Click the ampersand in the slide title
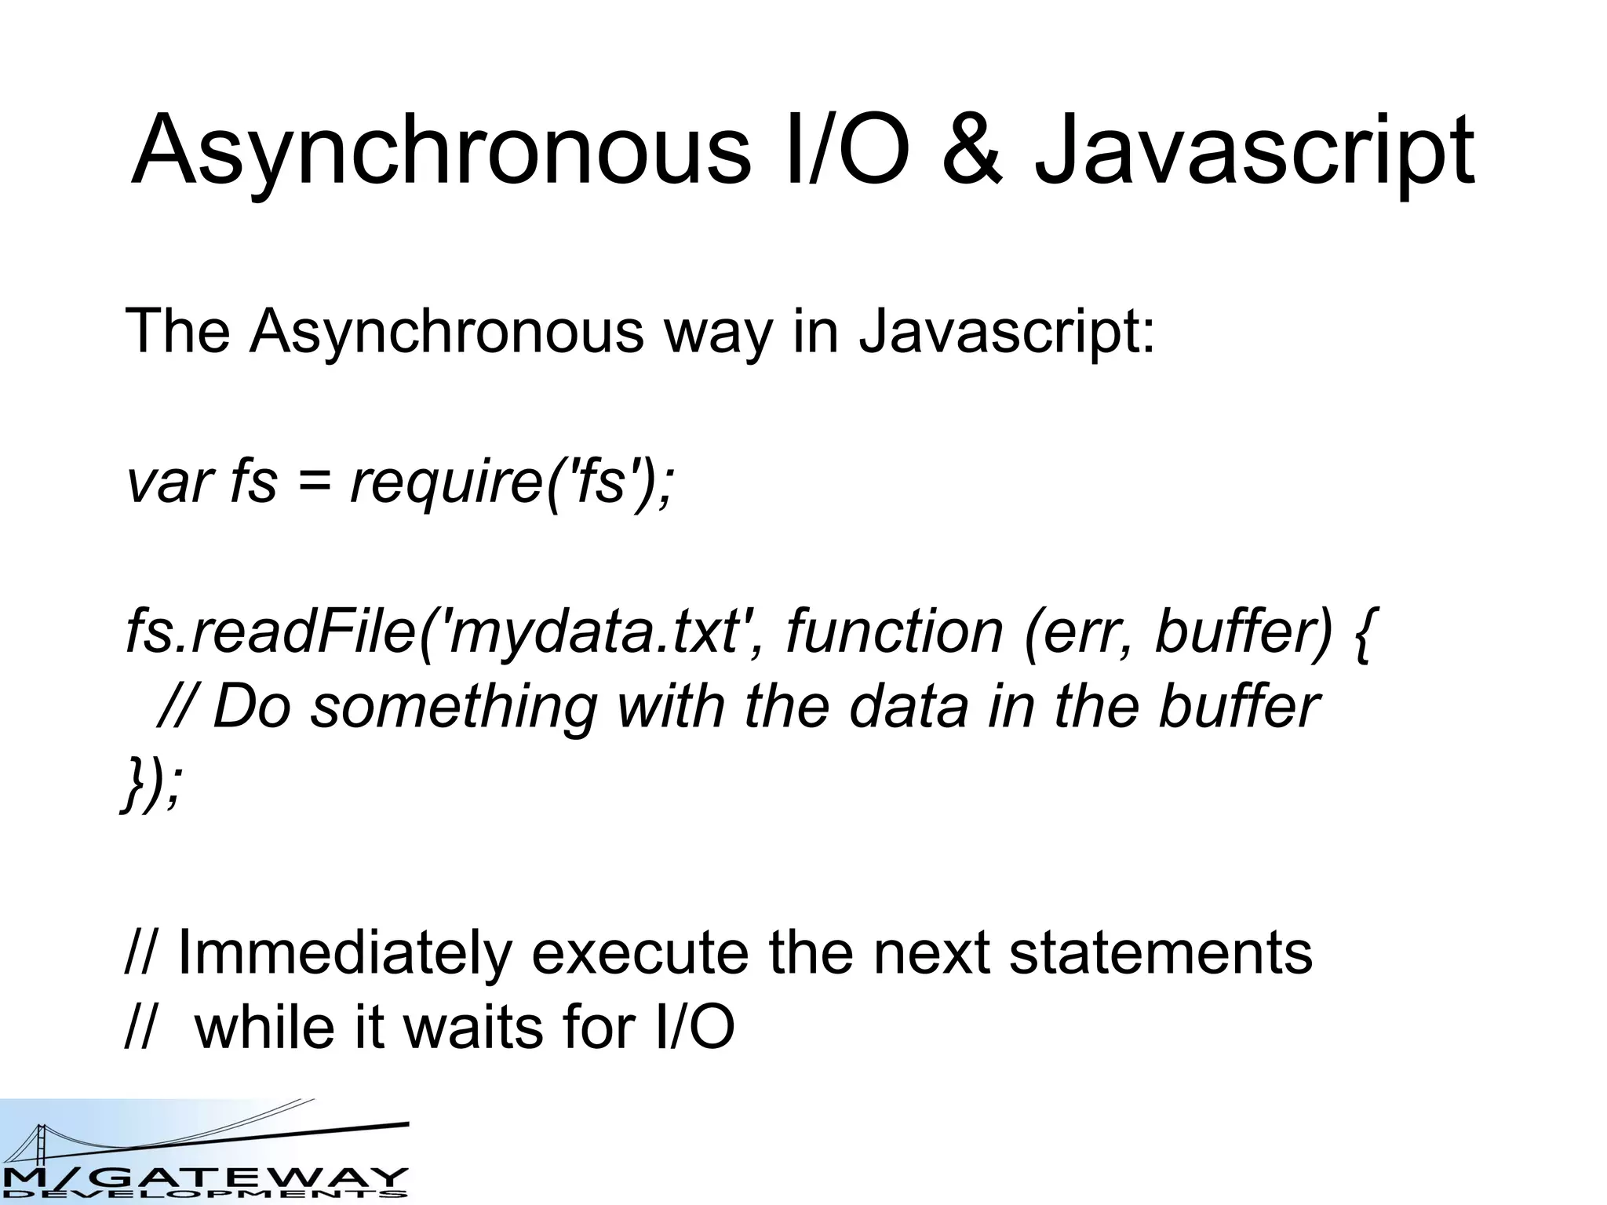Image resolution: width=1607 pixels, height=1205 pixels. tap(971, 151)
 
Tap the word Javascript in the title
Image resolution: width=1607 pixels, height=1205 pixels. tap(1254, 153)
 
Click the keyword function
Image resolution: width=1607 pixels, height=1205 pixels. tap(894, 632)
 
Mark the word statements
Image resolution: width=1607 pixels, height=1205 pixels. tap(1160, 954)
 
